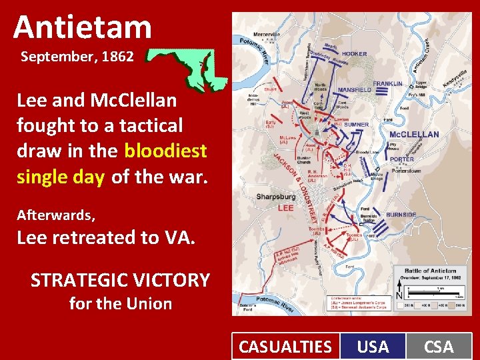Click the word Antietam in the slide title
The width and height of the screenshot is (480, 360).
click(x=83, y=28)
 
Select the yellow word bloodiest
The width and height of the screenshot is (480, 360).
click(x=165, y=151)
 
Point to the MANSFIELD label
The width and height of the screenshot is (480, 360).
click(x=354, y=89)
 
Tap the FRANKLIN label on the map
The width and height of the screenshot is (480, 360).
click(x=388, y=84)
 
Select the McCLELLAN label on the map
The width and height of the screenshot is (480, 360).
click(x=414, y=135)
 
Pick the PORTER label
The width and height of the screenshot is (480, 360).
click(x=402, y=159)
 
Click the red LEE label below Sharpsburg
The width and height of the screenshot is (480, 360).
click(x=285, y=208)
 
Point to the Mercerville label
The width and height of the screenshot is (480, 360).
click(x=267, y=34)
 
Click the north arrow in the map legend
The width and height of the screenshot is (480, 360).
click(x=399, y=293)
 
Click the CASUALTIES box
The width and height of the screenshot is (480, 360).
click(x=285, y=347)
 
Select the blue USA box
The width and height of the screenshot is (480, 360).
click(x=373, y=347)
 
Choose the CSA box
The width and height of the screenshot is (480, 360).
click(x=439, y=347)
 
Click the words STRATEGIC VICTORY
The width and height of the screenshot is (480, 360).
click(x=120, y=281)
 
